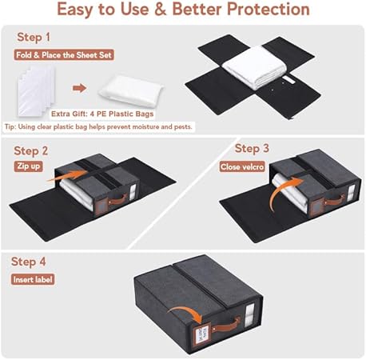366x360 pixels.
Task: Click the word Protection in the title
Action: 268,9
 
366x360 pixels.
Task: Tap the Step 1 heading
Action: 34,37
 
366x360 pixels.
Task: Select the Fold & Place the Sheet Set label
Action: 64,55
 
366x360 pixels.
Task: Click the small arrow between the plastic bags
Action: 80,88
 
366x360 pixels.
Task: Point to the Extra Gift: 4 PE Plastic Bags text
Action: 102,114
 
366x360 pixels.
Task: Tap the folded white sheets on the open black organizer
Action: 254,67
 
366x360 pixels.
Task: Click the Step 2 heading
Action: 31,151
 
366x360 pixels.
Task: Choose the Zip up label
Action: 28,166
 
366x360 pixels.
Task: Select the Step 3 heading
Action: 252,149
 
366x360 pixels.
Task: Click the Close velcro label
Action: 242,166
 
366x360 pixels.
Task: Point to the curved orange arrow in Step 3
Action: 280,192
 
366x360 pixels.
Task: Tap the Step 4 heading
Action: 29,262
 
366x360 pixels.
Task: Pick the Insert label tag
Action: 33,279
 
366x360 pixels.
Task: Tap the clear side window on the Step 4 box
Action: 250,314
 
